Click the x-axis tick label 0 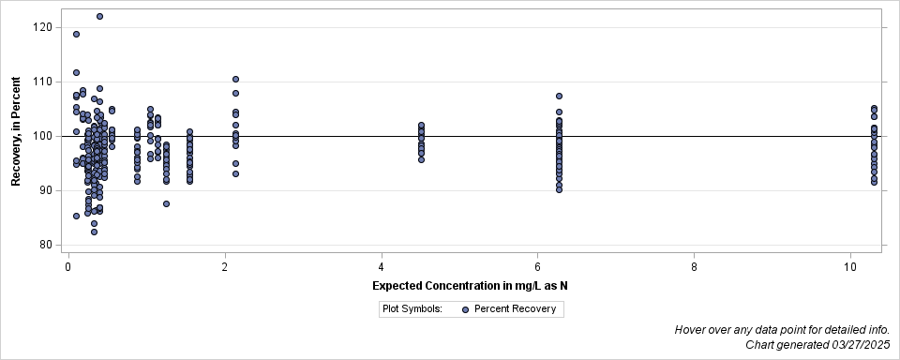tap(68, 267)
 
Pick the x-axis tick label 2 tap(225, 267)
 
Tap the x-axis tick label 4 tap(382, 267)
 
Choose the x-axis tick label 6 tap(537, 267)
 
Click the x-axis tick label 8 tap(694, 267)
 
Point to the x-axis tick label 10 tap(850, 267)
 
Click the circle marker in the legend tap(465, 308)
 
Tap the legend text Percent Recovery tap(515, 308)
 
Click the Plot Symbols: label tap(412, 308)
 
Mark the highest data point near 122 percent tap(99, 17)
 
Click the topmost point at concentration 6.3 tap(559, 96)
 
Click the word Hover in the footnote tap(691, 330)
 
